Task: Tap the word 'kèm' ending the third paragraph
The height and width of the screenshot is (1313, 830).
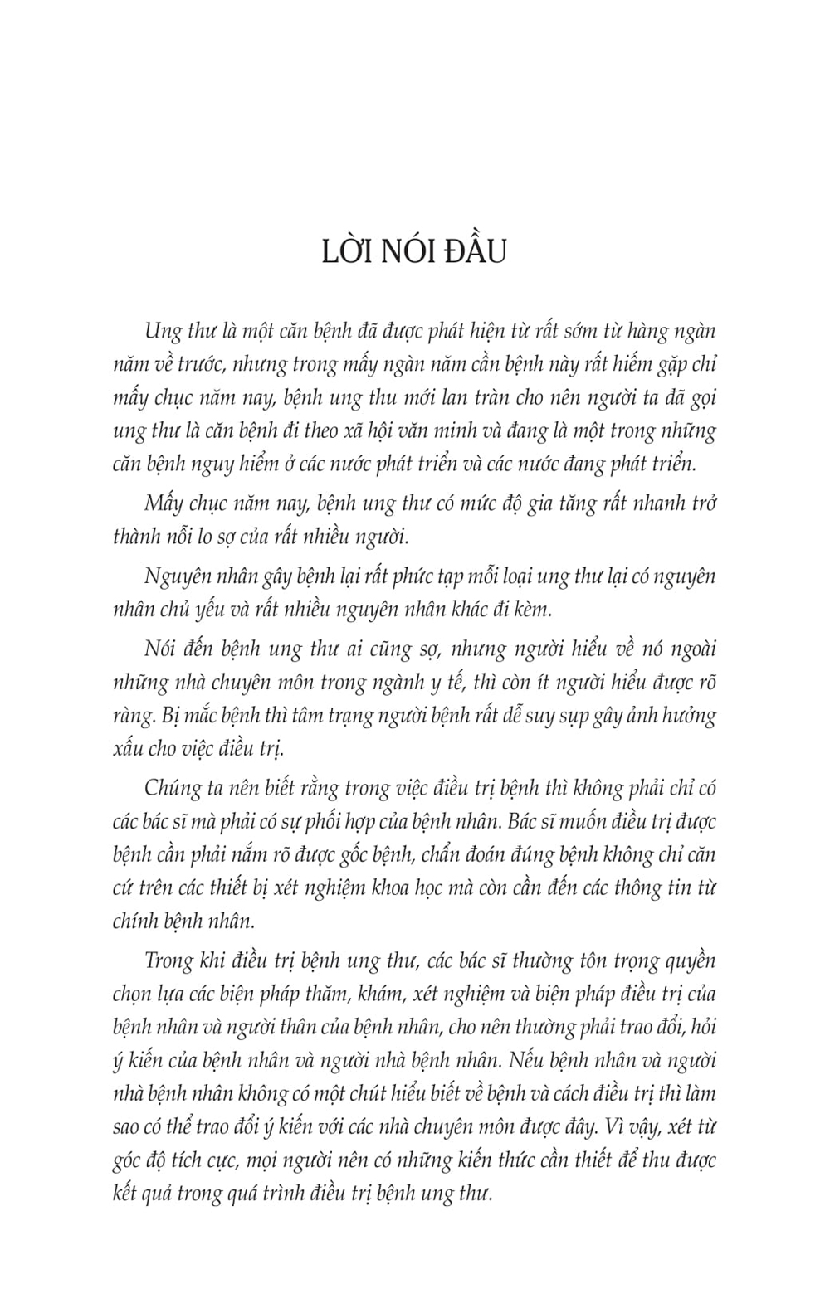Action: pyautogui.click(x=530, y=610)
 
